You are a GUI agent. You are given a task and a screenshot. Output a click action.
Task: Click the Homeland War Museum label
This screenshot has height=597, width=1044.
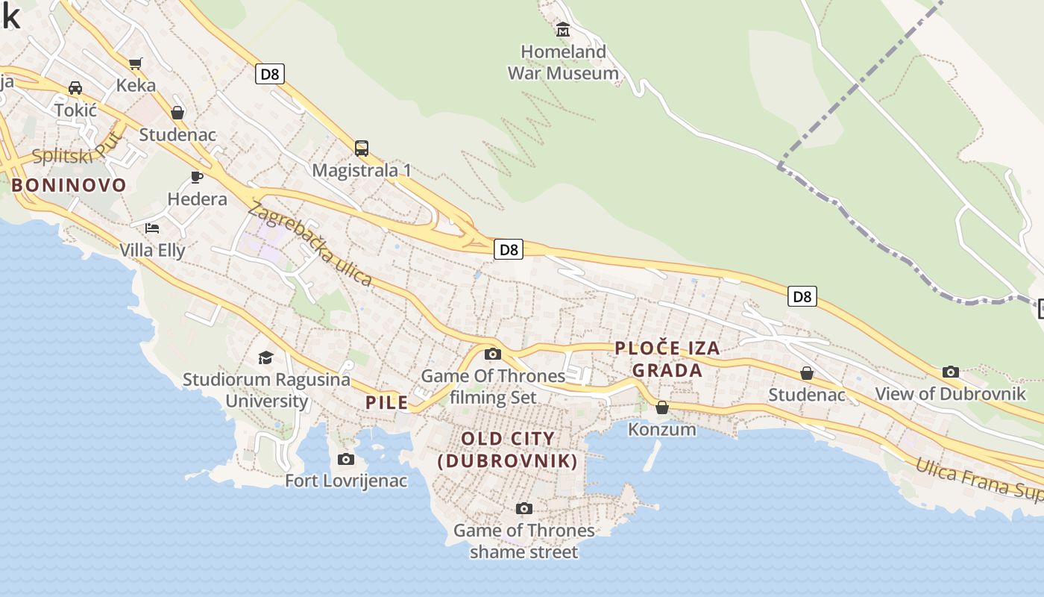(563, 63)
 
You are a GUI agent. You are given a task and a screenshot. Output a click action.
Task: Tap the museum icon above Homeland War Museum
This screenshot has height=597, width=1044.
(563, 30)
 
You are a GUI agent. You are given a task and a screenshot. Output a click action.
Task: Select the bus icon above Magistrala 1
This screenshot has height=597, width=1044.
(362, 148)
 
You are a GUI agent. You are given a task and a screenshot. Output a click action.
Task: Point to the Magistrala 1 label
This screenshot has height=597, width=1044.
(362, 170)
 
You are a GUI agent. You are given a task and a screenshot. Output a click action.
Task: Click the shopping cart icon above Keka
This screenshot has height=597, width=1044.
(135, 64)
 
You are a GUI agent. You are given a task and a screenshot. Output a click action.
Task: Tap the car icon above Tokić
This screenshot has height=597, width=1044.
(75, 88)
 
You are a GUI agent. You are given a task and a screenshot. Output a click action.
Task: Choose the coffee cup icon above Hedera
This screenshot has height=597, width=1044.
(197, 177)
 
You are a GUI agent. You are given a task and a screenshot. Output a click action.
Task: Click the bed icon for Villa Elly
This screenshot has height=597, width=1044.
(152, 228)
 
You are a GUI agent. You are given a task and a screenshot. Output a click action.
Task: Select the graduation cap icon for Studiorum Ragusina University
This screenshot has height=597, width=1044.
(265, 358)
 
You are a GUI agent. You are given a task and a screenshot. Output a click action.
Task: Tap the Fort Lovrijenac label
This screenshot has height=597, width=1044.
(346, 481)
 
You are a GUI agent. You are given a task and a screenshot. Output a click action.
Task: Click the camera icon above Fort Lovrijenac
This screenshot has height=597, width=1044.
(345, 459)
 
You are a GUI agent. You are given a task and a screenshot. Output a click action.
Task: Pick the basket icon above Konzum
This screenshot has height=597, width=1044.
(661, 407)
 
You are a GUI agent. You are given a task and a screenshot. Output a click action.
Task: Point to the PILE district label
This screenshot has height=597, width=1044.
(386, 403)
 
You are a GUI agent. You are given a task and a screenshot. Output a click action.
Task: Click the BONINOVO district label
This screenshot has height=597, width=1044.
(69, 185)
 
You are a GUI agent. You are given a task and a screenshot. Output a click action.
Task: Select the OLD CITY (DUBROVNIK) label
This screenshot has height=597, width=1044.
(508, 450)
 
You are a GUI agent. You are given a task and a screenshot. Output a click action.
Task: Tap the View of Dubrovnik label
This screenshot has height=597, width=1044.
(950, 394)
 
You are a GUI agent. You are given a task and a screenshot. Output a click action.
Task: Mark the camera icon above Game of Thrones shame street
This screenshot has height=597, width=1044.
(524, 509)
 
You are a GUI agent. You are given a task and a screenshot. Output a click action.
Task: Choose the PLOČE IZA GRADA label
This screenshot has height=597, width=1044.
(667, 359)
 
